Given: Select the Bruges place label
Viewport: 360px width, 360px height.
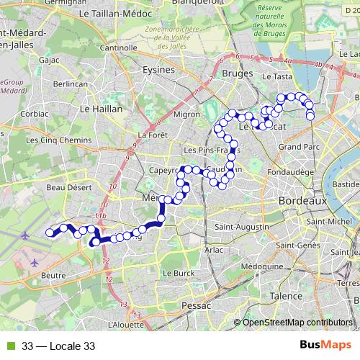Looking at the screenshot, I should [237, 73].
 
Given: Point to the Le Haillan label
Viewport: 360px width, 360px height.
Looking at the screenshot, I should [101, 109].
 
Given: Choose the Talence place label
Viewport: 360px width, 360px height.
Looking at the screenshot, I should [285, 296].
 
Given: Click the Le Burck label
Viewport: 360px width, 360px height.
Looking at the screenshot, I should [179, 274].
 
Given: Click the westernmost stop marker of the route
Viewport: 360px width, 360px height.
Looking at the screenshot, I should [50, 232].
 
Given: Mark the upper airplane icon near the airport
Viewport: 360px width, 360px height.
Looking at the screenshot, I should [26, 235].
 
